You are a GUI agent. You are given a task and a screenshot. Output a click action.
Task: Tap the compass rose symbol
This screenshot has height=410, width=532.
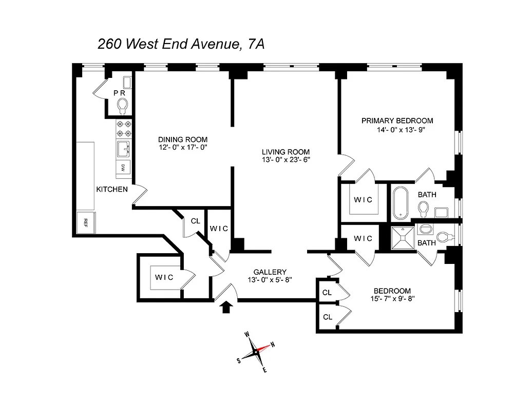pyautogui.click(x=256, y=353)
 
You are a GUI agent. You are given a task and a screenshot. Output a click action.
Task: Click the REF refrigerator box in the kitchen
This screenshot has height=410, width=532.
pyautogui.click(x=85, y=222)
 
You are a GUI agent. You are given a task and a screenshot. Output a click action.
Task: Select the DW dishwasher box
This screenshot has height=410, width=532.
pyautogui.click(x=123, y=167)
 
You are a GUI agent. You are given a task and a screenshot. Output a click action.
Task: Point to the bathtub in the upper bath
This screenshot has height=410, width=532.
pyautogui.click(x=401, y=203)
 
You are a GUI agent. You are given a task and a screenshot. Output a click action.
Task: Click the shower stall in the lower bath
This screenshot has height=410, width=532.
pyautogui.click(x=403, y=238)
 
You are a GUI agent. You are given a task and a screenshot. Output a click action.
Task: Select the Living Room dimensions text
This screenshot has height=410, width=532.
pyautogui.click(x=286, y=160)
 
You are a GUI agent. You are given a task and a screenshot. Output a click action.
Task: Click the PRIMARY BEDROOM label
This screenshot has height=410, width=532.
pyautogui.click(x=397, y=121)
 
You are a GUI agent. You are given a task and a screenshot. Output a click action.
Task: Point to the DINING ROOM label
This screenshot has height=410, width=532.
pyautogui.click(x=183, y=139)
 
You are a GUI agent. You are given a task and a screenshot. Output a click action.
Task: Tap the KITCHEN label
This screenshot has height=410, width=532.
pyautogui.click(x=112, y=189)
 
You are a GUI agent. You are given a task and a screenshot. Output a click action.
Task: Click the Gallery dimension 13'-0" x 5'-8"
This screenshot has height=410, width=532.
pyautogui.click(x=270, y=280)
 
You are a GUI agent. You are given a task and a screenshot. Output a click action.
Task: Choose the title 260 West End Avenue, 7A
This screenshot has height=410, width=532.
pyautogui.click(x=181, y=45)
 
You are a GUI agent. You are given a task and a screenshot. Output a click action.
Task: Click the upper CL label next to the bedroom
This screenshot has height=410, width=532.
pyautogui.click(x=327, y=293)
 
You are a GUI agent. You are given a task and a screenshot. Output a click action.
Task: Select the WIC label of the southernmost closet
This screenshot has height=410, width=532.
pyautogui.click(x=164, y=277)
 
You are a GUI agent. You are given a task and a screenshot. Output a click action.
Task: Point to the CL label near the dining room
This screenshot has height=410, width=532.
pyautogui.click(x=195, y=221)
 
